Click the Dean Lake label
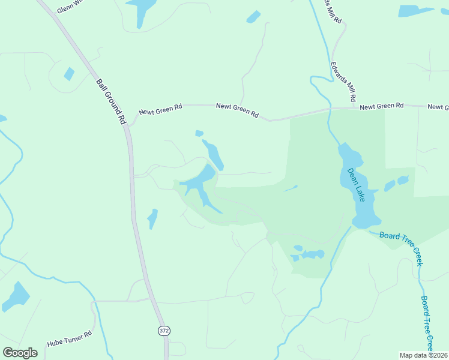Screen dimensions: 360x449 coord(356,184)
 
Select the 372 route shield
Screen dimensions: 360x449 coord(164,331)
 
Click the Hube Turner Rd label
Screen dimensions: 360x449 coord(69,339)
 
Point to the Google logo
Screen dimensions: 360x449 coord(20,353)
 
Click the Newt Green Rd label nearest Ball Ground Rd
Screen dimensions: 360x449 coord(160,110)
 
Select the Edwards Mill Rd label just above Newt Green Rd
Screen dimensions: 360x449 coord(343,81)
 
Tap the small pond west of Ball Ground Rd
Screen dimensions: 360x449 coord(69,74)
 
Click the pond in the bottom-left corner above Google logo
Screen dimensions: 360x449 coord(16,296)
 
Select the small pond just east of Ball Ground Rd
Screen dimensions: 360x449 coord(152,218)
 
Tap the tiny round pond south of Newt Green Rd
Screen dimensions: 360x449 coord(199,133)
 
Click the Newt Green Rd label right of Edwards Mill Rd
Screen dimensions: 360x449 coord(382,106)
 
